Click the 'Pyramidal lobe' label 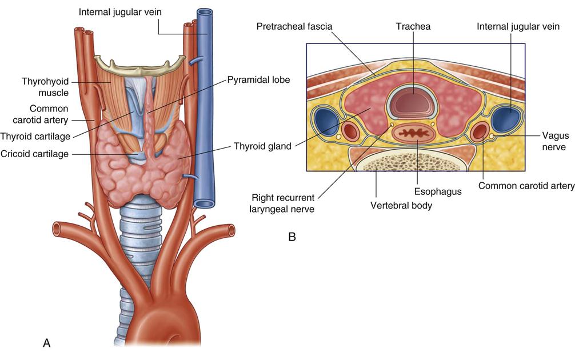tap(258, 80)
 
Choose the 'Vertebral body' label tap(401, 206)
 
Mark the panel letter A tap(47, 342)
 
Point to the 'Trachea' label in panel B tap(413, 27)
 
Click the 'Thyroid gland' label tap(262, 146)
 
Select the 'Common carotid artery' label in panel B tap(526, 186)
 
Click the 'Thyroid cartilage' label tap(35, 135)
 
